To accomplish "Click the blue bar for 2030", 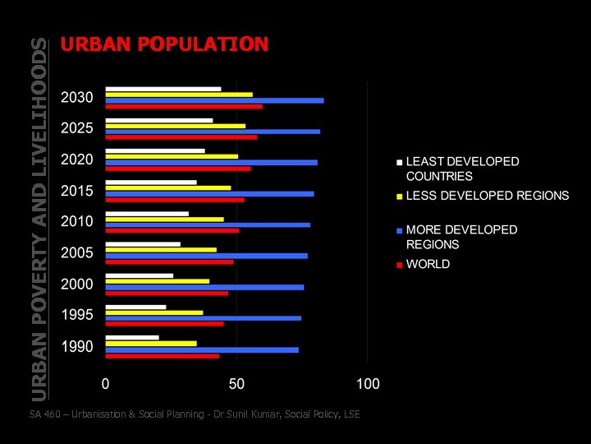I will pyautogui.click(x=214, y=100).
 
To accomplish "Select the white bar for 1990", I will pyautogui.click(x=132, y=337).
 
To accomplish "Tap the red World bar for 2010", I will pyautogui.click(x=172, y=230).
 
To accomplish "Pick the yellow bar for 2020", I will pyautogui.click(x=172, y=156).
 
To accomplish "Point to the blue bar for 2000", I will pyautogui.click(x=204, y=287).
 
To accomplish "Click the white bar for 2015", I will pyautogui.click(x=151, y=182).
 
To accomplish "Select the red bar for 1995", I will pyautogui.click(x=164, y=324).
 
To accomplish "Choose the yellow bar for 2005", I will pyautogui.click(x=161, y=249).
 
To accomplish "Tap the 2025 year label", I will pyautogui.click(x=77, y=128).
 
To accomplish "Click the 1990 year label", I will pyautogui.click(x=77, y=346).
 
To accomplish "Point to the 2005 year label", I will pyautogui.click(x=77, y=253).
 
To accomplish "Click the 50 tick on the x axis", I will pyautogui.click(x=236, y=384).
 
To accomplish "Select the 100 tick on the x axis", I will pyautogui.click(x=368, y=384).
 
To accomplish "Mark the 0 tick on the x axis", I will pyautogui.click(x=105, y=384).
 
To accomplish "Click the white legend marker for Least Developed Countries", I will pyautogui.click(x=399, y=162).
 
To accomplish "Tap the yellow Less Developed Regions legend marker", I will pyautogui.click(x=399, y=197).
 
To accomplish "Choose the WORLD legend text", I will pyautogui.click(x=428, y=264).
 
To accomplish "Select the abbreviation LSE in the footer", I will pyautogui.click(x=350, y=414).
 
